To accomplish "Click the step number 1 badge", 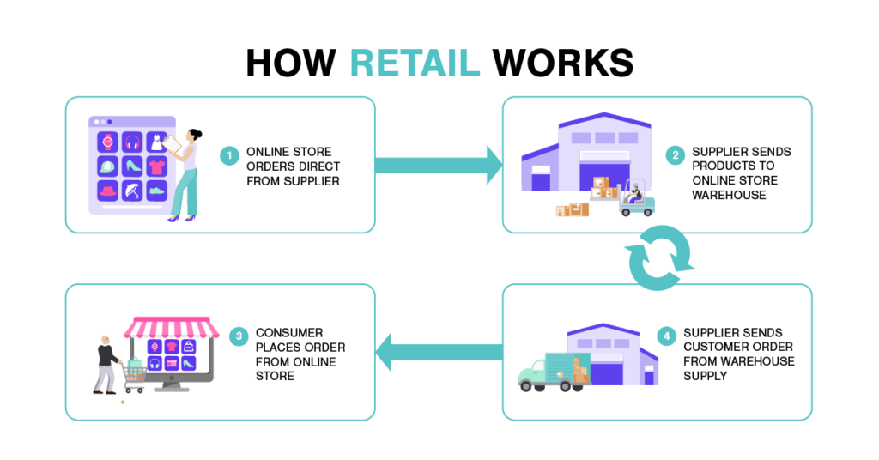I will point(229,156).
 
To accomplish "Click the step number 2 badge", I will point(676,156).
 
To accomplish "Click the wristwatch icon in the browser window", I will point(108,142).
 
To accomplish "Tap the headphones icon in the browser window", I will point(132,142).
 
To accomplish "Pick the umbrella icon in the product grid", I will point(132,191).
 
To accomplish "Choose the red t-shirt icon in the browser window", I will point(156,166).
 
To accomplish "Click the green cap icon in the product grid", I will point(108,166).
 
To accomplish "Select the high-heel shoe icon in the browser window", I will point(132,166).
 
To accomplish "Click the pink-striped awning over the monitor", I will point(170,327).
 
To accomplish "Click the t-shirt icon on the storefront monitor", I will point(171,347).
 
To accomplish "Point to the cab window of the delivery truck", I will point(535,367).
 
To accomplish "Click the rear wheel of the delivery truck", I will point(564,389).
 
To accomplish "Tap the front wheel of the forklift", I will point(626,213).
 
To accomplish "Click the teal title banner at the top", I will point(422,65).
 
